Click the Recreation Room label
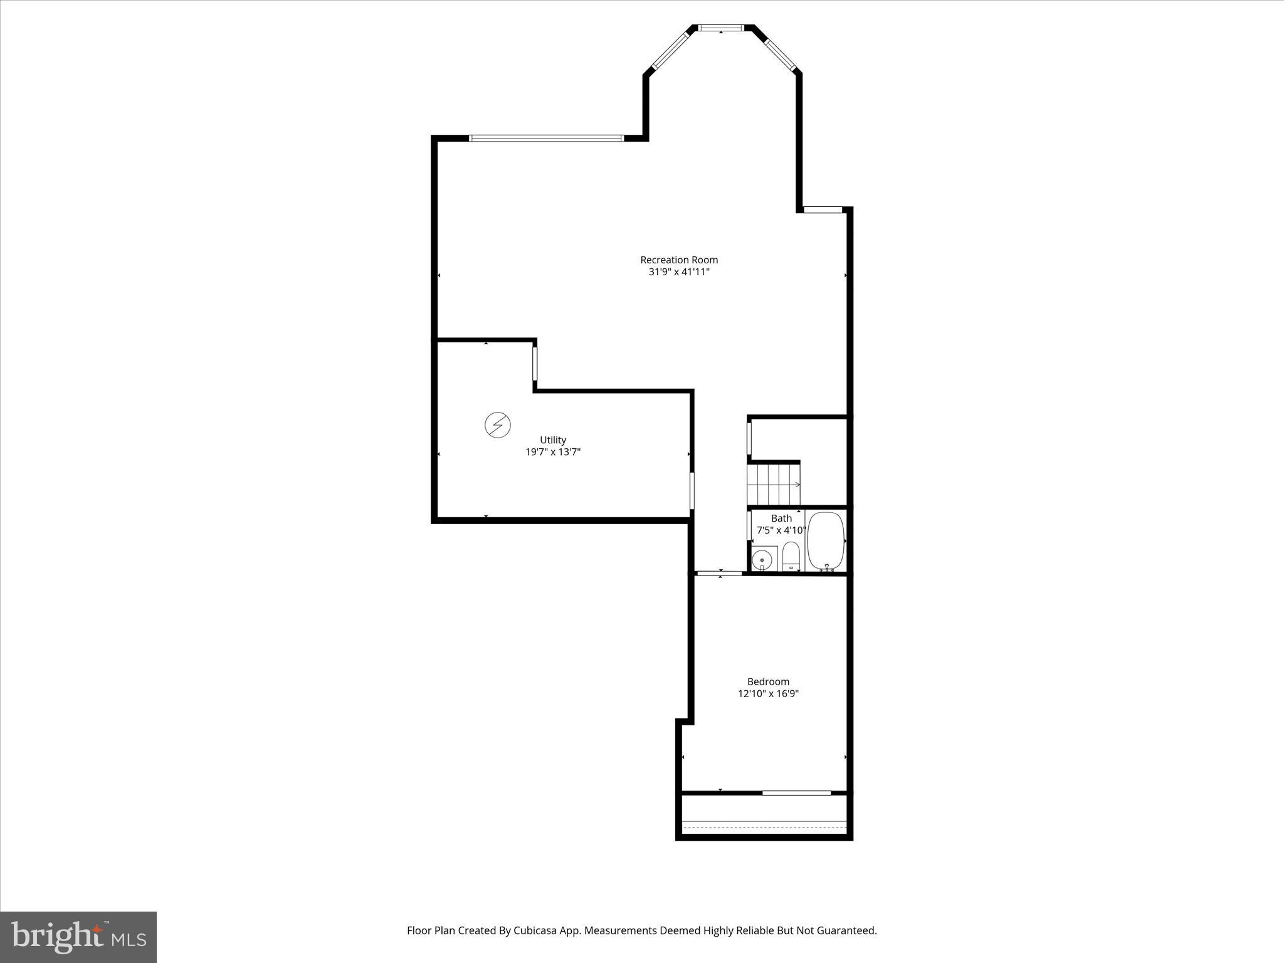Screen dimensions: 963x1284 [679, 260]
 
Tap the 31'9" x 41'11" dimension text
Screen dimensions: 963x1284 [679, 272]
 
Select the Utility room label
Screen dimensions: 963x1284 [553, 440]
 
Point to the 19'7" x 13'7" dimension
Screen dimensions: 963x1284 [553, 452]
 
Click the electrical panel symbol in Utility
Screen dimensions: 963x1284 [497, 425]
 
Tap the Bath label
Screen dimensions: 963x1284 [781, 518]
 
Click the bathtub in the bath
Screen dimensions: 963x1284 [826, 540]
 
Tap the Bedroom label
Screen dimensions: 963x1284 [768, 681]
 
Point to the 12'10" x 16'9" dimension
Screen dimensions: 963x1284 [768, 693]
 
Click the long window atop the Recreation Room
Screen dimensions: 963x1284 [546, 138]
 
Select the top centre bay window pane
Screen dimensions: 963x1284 [721, 28]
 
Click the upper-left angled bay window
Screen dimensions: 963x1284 [670, 50]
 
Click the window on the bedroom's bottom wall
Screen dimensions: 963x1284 [796, 793]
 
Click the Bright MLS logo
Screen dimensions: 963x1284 [78, 937]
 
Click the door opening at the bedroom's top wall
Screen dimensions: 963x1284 [720, 572]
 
